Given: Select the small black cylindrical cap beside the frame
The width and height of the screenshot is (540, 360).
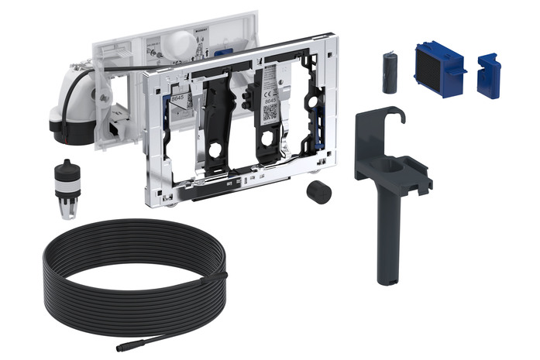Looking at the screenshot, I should tap(316, 192).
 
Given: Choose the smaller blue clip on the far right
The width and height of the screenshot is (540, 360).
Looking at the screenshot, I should tap(488, 76).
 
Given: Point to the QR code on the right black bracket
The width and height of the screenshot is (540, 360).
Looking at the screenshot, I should tap(270, 111).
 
